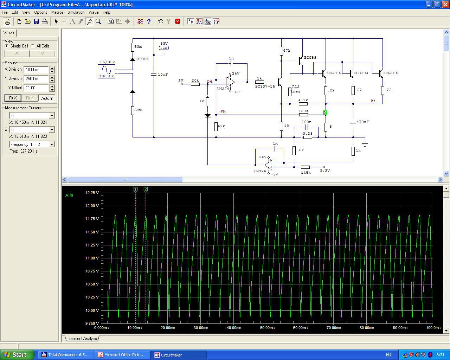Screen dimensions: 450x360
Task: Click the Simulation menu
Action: [x=76, y=12]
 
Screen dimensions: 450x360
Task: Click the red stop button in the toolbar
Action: [x=177, y=21]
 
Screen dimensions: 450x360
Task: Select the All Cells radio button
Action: [x=32, y=46]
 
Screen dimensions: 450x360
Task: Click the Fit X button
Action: [x=13, y=98]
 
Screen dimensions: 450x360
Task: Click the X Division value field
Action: [x=36, y=70]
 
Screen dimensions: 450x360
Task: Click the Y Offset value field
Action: [x=36, y=88]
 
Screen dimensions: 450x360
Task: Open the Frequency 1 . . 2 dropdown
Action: [x=52, y=144]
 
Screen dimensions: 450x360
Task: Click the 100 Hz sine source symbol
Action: [x=107, y=71]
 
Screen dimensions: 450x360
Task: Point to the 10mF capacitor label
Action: [x=163, y=75]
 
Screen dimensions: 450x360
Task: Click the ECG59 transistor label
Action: [x=310, y=58]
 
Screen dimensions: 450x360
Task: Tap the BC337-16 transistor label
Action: [x=265, y=86]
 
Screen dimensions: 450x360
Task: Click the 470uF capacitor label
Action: [x=362, y=122]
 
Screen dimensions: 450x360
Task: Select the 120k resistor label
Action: [x=303, y=111]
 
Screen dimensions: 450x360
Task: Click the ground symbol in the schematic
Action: [x=365, y=144]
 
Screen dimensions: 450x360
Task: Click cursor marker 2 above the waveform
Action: [x=146, y=189]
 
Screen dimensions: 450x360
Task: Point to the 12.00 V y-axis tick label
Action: [x=92, y=206]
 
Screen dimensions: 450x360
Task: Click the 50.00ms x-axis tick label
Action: [x=267, y=328]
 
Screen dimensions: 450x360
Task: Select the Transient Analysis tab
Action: [x=82, y=339]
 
